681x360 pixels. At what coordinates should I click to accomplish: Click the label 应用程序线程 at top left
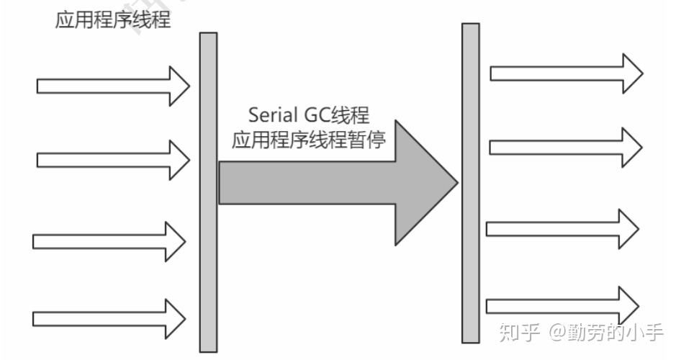pyautogui.click(x=113, y=19)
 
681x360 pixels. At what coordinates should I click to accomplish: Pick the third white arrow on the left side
pyautogui.click(x=109, y=241)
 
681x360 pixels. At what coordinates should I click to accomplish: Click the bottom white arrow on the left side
pyautogui.click(x=109, y=318)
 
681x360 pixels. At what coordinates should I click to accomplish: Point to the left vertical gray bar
pyautogui.click(x=208, y=192)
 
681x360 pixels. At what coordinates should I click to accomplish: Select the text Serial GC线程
pyautogui.click(x=309, y=114)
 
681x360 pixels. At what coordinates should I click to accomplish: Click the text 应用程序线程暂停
pyautogui.click(x=309, y=140)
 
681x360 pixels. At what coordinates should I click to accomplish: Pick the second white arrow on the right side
pyautogui.click(x=566, y=146)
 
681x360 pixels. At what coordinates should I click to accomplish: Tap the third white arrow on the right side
pyautogui.click(x=562, y=228)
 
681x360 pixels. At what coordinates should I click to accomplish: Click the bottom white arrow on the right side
pyautogui.click(x=562, y=305)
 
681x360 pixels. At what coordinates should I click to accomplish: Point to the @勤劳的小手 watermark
pyautogui.click(x=605, y=333)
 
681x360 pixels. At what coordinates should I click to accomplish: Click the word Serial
pyautogui.click(x=270, y=114)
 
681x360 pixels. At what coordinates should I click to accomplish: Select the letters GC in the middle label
pyautogui.click(x=323, y=114)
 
